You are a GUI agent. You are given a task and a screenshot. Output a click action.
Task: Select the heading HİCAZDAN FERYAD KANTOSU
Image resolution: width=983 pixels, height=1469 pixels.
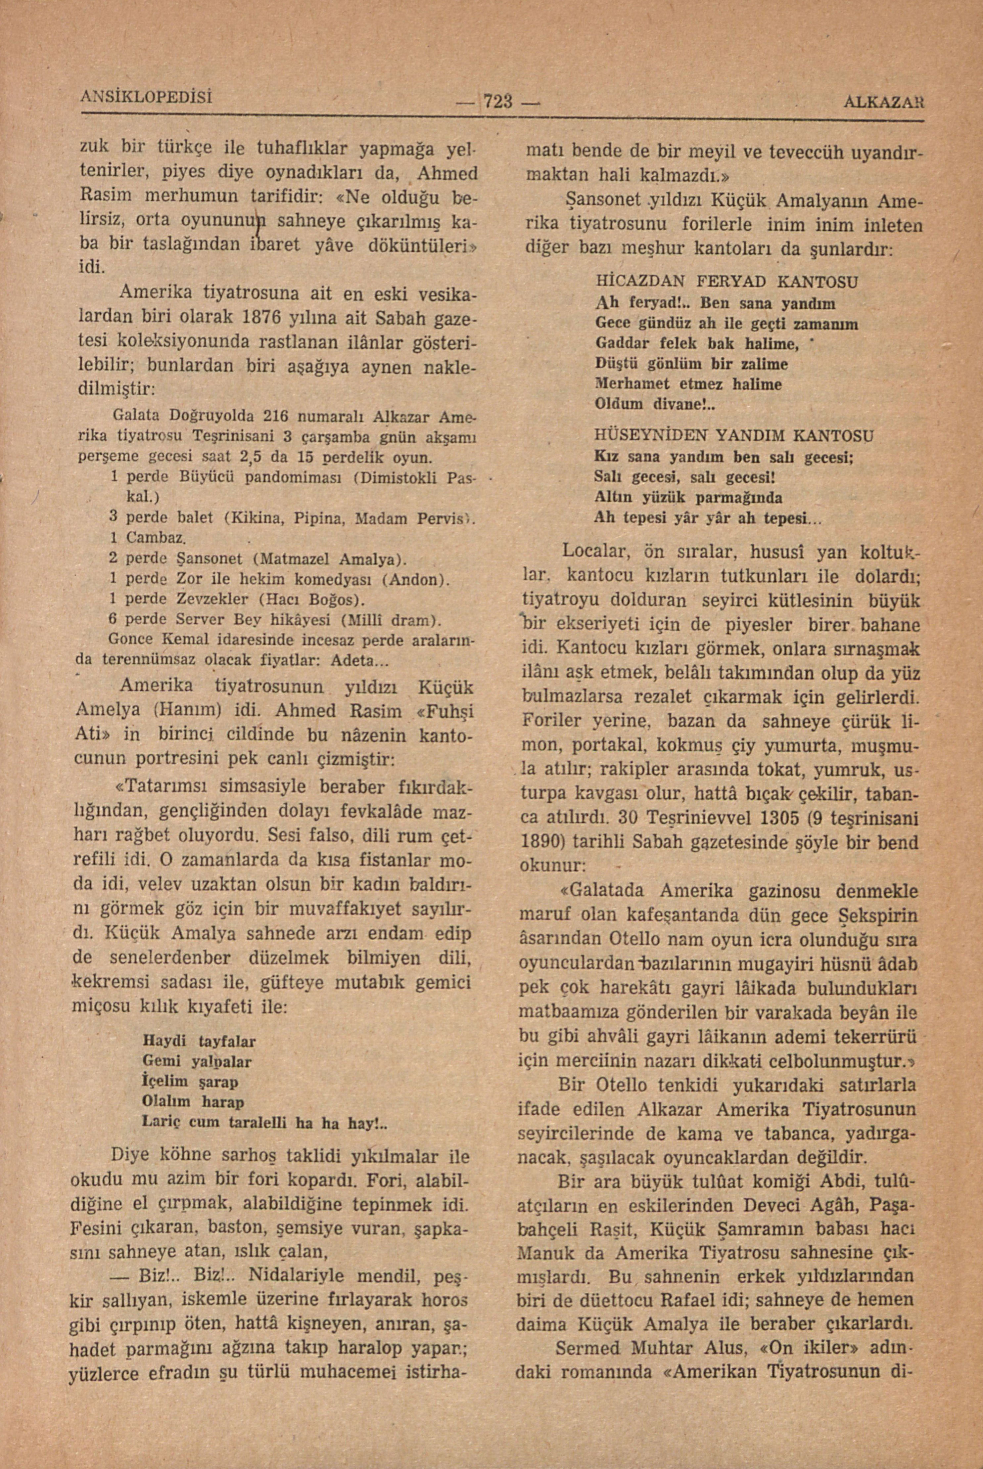(726, 282)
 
